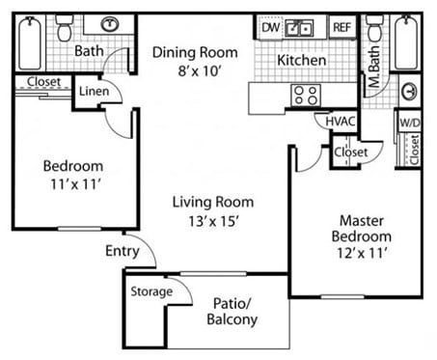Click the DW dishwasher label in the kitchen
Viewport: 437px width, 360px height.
(x=271, y=27)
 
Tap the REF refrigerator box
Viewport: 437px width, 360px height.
(x=341, y=27)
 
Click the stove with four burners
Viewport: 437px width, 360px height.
(x=307, y=95)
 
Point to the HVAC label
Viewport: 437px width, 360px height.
(x=341, y=123)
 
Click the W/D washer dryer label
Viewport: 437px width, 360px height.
(x=410, y=123)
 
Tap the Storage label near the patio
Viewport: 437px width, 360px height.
(x=151, y=291)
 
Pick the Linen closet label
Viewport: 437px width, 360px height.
(x=93, y=91)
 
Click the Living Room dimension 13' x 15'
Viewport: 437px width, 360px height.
(x=213, y=220)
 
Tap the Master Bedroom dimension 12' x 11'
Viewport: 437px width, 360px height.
(x=362, y=254)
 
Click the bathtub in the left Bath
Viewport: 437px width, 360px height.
(x=30, y=41)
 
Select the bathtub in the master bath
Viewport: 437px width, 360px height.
(x=405, y=41)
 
